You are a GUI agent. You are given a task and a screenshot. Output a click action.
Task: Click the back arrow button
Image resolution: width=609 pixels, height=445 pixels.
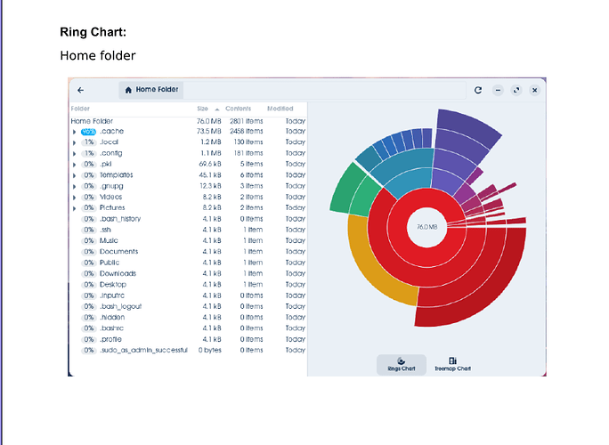pos(80,90)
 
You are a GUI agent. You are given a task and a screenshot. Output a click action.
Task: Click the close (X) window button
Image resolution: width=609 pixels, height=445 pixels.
pos(534,90)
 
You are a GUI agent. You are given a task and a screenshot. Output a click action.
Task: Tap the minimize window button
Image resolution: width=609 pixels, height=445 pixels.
pos(498,90)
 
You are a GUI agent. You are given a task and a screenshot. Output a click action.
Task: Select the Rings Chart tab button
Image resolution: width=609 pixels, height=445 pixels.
pos(402,365)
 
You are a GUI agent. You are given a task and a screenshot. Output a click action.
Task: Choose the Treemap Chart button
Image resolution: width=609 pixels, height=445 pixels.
pos(452,365)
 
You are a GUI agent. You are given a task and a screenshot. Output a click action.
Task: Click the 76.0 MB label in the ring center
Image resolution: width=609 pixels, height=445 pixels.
pos(426,227)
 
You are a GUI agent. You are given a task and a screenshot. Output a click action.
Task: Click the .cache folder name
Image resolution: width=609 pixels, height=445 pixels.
pos(112,131)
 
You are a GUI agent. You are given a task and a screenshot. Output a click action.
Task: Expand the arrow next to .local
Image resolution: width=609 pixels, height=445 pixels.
pos(74,142)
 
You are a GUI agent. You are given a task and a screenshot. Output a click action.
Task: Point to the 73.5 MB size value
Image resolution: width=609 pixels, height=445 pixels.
pos(208,131)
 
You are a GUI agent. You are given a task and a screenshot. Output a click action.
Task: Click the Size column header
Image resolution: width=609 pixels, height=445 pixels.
pos(202,109)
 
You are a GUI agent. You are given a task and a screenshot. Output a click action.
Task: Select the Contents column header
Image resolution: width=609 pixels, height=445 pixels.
pos(238,109)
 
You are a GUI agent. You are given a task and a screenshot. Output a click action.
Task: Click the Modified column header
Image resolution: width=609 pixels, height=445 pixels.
pos(280,109)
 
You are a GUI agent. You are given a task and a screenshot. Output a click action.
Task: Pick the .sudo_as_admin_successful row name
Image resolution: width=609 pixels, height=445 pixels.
pos(143,351)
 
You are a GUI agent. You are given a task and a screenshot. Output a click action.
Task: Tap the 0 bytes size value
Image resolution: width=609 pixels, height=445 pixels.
pos(210,351)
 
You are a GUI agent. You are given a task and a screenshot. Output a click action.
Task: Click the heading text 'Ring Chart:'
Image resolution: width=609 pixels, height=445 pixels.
pos(93,32)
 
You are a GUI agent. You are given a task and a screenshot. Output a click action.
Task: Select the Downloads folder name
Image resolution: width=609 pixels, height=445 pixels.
pos(118,273)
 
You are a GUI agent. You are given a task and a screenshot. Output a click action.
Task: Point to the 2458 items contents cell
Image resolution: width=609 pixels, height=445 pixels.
pos(247,131)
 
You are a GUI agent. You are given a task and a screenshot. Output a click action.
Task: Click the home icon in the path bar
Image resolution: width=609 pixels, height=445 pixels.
pos(128,90)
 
